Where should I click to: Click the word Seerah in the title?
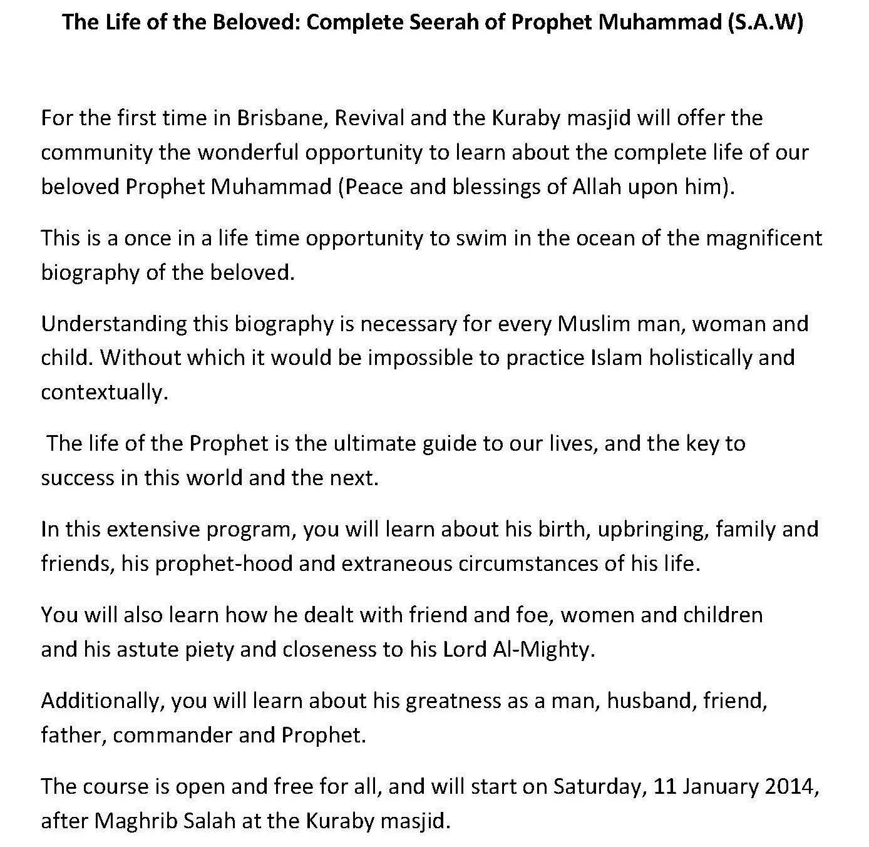pyautogui.click(x=468, y=22)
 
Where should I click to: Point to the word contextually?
pyautogui.click(x=105, y=392)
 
